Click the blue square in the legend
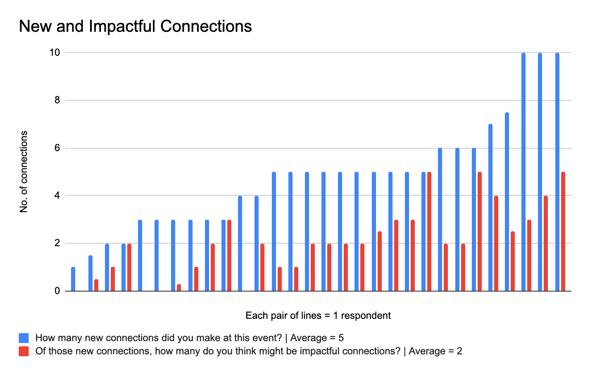pyautogui.click(x=24, y=338)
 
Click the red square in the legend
pyautogui.click(x=24, y=351)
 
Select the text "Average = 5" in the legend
pyautogui.click(x=317, y=338)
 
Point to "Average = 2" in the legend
pyautogui.click(x=435, y=351)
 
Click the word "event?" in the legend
pyautogui.click(x=267, y=338)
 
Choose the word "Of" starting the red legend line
pyautogui.click(x=40, y=351)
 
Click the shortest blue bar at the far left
pyautogui.click(x=73, y=279)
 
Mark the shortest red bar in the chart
pyautogui.click(x=179, y=287)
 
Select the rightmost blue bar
pyautogui.click(x=557, y=171)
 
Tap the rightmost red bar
pyautogui.click(x=563, y=231)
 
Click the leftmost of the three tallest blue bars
pyautogui.click(x=523, y=171)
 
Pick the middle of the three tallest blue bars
pyautogui.click(x=540, y=171)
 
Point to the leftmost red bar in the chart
pyautogui.click(x=96, y=285)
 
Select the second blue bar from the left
pyautogui.click(x=90, y=273)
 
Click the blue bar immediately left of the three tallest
pyautogui.click(x=507, y=202)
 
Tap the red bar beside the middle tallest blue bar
pyautogui.click(x=546, y=243)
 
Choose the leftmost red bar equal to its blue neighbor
pyautogui.click(x=129, y=267)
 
